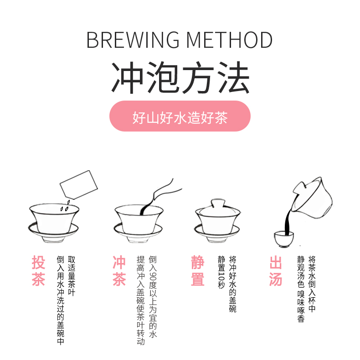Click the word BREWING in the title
coord(131,40)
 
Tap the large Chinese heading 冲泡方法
coord(180,78)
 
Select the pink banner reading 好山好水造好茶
coord(180,117)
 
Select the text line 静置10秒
coord(221,272)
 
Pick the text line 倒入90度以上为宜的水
coord(153,296)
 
